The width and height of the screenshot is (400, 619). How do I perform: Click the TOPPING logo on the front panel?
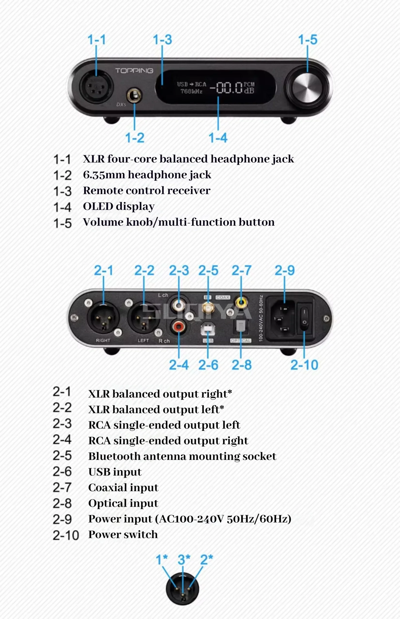coord(134,71)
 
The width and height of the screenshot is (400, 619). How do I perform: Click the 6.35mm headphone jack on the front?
coord(134,96)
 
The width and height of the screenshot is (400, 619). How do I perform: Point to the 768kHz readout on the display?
coord(191,91)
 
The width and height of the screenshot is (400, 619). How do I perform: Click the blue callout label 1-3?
coord(162,40)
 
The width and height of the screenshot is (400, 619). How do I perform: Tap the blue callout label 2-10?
coord(304,365)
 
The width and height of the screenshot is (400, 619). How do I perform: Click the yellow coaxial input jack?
coord(241,302)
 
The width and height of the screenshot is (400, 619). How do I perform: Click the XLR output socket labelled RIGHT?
coord(103,318)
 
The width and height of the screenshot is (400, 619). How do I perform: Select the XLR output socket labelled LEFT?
coord(144,318)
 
